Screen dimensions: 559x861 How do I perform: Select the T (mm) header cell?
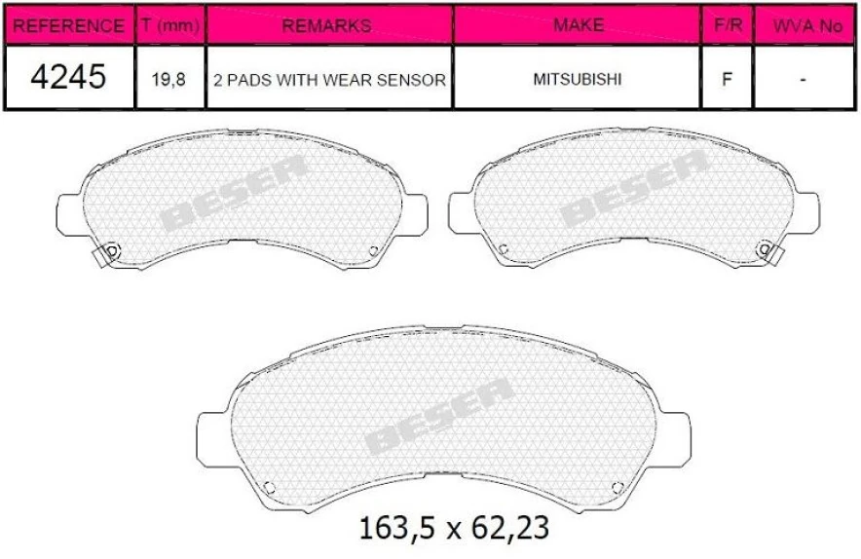[x=169, y=25]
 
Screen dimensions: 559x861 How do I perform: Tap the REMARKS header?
[x=327, y=25]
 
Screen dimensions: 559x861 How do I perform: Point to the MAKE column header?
[x=578, y=25]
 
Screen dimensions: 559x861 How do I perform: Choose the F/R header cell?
[x=727, y=25]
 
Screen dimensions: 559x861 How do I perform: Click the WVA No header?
[x=806, y=25]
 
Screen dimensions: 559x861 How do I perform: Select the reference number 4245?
[x=67, y=78]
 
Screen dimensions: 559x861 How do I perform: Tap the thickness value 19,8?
[x=169, y=79]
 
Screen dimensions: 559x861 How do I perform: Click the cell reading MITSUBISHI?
[x=578, y=79]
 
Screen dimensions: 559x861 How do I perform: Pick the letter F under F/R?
[x=727, y=79]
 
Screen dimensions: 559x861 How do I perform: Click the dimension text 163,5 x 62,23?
[x=454, y=529]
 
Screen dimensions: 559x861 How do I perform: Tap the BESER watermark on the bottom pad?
[x=439, y=417]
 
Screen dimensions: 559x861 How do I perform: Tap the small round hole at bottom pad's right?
[x=616, y=487]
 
